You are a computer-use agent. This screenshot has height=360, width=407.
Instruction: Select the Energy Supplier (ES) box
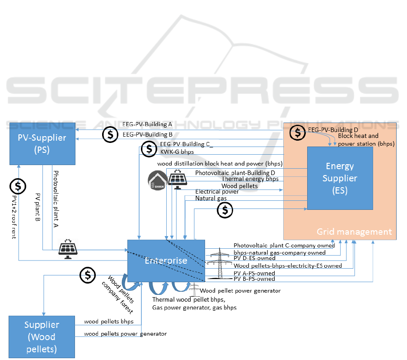[340, 178]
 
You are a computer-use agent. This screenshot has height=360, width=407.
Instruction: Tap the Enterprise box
[166, 261]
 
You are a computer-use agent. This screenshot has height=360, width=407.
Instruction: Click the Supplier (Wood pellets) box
[42, 337]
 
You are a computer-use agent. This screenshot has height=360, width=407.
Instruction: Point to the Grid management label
[354, 232]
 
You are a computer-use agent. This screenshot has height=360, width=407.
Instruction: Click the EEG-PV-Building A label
[147, 124]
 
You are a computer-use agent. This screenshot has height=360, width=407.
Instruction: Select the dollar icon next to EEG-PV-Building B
[110, 134]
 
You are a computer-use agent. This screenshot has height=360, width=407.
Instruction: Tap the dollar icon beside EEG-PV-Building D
[297, 132]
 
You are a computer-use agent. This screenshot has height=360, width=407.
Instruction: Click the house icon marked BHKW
[158, 180]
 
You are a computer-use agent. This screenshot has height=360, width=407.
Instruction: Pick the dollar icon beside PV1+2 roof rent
[18, 186]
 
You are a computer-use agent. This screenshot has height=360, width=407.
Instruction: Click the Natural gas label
[211, 199]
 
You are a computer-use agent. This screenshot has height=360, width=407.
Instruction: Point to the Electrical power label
[217, 192]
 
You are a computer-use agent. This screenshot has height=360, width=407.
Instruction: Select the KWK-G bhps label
[177, 152]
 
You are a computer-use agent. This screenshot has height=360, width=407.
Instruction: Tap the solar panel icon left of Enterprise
[68, 249]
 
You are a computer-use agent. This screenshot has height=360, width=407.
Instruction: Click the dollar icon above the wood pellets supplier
[87, 275]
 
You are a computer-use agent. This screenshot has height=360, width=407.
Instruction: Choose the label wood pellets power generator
[125, 334]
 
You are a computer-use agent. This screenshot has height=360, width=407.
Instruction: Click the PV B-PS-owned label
[254, 279]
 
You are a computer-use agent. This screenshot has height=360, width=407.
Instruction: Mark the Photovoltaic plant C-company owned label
[284, 246]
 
